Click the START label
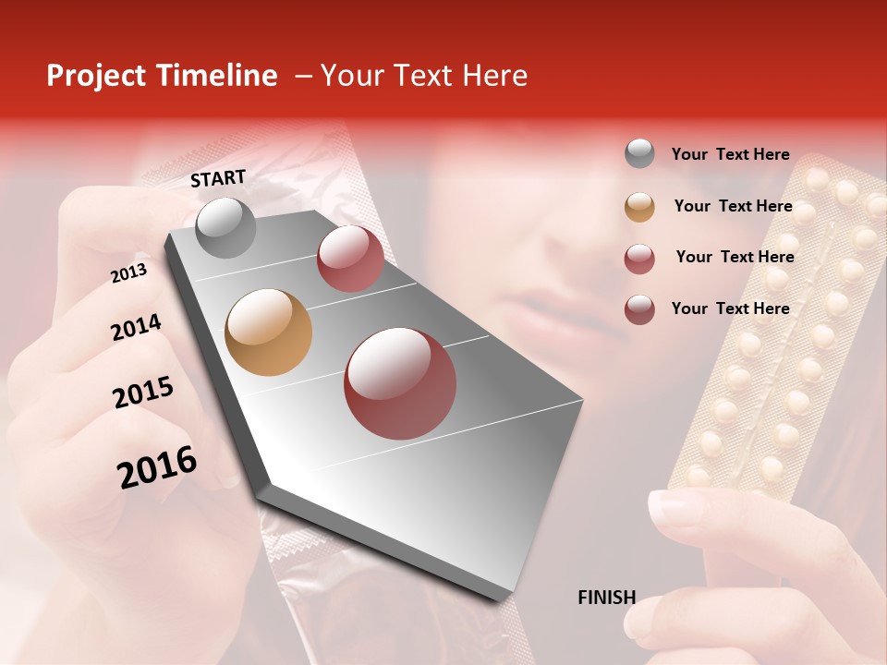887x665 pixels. click(x=218, y=178)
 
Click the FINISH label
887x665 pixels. click(x=606, y=598)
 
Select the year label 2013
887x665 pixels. click(x=129, y=272)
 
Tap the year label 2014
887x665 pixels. click(x=136, y=327)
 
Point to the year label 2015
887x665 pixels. click(x=143, y=393)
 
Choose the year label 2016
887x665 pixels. click(x=157, y=466)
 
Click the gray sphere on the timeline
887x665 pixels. click(x=225, y=227)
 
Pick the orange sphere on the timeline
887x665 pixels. click(x=268, y=332)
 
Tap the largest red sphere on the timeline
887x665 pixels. click(x=399, y=383)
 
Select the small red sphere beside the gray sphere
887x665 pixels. click(x=350, y=258)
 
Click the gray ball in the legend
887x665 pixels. click(x=639, y=153)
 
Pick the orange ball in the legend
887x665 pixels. click(x=639, y=206)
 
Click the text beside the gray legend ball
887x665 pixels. click(x=730, y=155)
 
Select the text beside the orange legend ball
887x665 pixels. click(x=733, y=206)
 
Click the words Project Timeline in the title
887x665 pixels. click(x=162, y=76)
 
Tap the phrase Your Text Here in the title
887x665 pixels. click(x=424, y=76)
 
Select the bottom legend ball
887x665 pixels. click(x=639, y=308)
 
